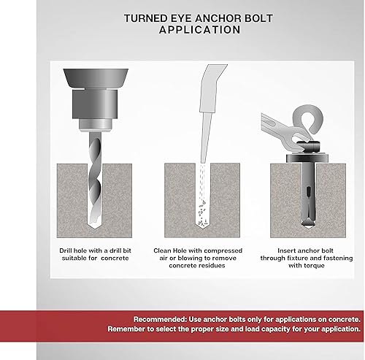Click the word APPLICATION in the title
[199, 30]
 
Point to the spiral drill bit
[95, 180]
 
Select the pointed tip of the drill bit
[93, 227]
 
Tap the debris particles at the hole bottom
[202, 213]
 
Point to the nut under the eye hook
[309, 147]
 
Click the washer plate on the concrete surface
[307, 158]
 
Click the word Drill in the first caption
[66, 250]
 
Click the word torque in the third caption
[314, 266]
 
